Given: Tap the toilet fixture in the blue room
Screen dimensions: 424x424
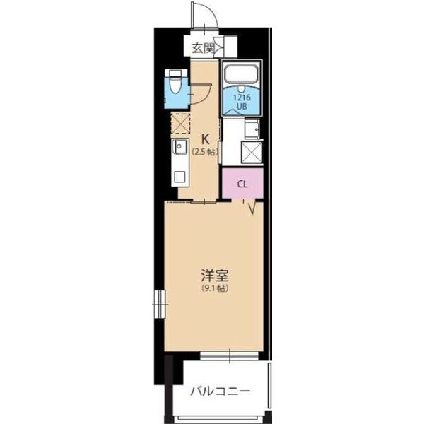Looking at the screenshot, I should [175, 85].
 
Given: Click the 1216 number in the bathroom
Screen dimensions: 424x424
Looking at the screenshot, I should [242, 98].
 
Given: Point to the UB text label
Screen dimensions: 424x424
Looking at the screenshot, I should [242, 107].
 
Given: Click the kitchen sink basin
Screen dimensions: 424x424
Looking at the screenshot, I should [180, 149].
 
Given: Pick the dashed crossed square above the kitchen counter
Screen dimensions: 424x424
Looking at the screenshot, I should [179, 125].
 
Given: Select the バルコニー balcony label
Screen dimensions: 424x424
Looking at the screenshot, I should [219, 390].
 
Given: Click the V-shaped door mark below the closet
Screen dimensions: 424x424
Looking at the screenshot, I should [251, 206].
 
